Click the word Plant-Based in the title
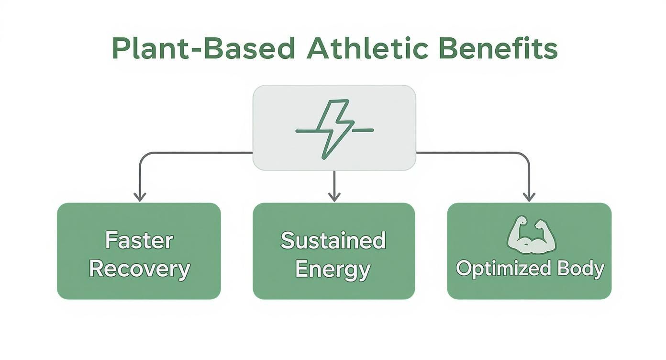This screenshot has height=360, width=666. point(203,48)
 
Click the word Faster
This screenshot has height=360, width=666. point(139,240)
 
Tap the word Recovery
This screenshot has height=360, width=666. point(139,269)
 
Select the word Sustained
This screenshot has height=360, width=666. point(333,240)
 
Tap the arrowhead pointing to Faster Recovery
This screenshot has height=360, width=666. point(139,197)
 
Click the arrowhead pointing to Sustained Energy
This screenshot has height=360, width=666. point(334,197)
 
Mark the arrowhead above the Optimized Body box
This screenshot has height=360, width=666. point(529,197)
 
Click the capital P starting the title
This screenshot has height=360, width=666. point(120,48)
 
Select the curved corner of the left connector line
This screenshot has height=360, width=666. point(142,156)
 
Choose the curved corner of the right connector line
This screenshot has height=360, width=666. point(525,156)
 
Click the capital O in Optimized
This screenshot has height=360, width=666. point(464,268)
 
